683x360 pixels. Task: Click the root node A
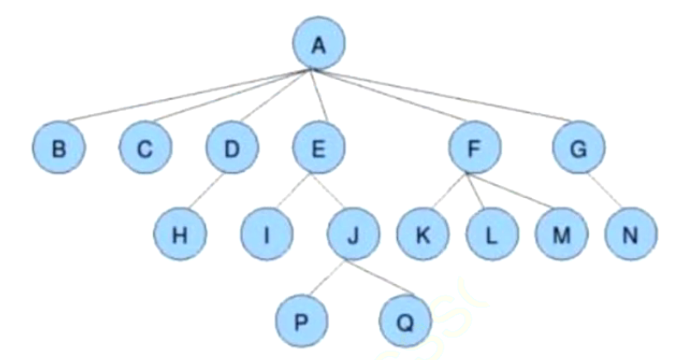(x=319, y=44)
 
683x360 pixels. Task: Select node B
(x=59, y=148)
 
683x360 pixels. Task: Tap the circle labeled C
(x=145, y=148)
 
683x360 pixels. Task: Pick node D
(x=232, y=148)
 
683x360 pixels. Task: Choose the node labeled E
(x=319, y=148)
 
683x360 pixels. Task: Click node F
(x=475, y=148)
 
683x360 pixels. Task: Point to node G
(x=579, y=148)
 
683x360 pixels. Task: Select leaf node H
(x=180, y=234)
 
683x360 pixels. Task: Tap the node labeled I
(x=267, y=234)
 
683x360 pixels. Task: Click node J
(x=353, y=234)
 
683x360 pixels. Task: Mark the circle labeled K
(x=423, y=234)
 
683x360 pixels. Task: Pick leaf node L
(x=492, y=234)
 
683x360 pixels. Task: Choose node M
(x=562, y=234)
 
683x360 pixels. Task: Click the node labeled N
(x=631, y=234)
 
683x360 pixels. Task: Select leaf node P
(x=301, y=321)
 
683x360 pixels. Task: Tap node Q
(x=406, y=321)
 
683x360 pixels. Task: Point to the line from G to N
(x=605, y=191)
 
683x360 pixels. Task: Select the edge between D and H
(x=206, y=191)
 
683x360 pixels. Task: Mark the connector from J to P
(x=328, y=277)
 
